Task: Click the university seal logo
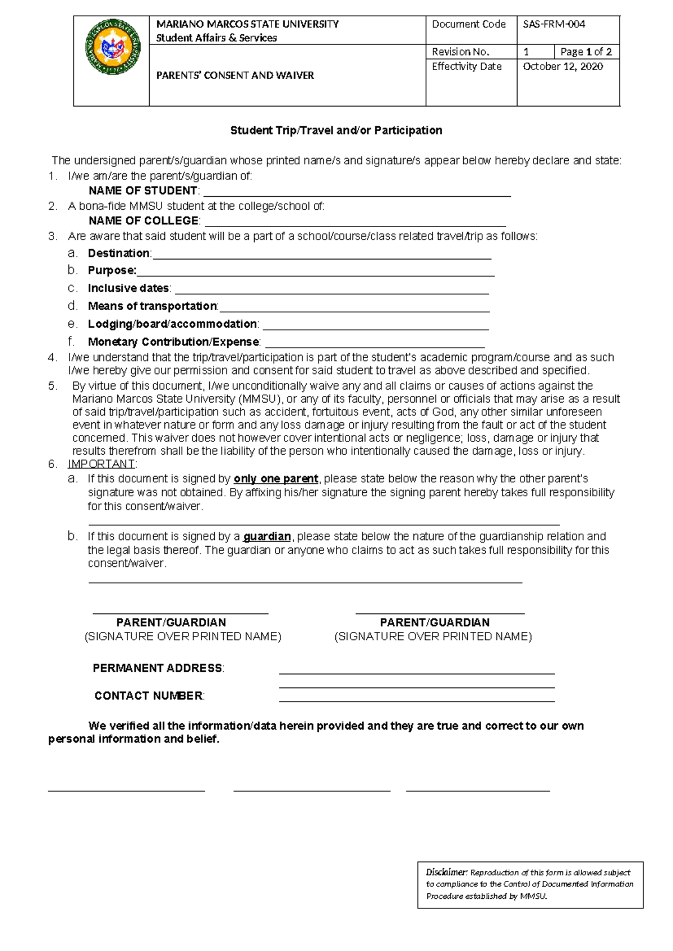pyautogui.click(x=112, y=48)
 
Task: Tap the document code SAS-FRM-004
pyautogui.click(x=554, y=24)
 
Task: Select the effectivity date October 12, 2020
pyautogui.click(x=563, y=66)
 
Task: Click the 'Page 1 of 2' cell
pyautogui.click(x=586, y=52)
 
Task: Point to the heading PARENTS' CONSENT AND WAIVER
pyautogui.click(x=235, y=75)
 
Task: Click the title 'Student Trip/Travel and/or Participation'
pyautogui.click(x=336, y=130)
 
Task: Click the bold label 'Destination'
pyautogui.click(x=119, y=253)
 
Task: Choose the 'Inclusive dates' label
pyautogui.click(x=128, y=288)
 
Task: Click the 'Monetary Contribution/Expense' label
pyautogui.click(x=173, y=342)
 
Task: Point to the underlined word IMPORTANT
pyautogui.click(x=101, y=464)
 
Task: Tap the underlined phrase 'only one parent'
pyautogui.click(x=276, y=479)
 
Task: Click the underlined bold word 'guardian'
pyautogui.click(x=267, y=537)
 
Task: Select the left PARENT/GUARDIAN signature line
pyautogui.click(x=180, y=612)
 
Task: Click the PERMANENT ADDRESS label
pyautogui.click(x=158, y=668)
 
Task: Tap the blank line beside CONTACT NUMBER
pyautogui.click(x=417, y=700)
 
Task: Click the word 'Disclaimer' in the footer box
pyautogui.click(x=446, y=872)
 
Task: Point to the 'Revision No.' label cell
pyautogui.click(x=460, y=52)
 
